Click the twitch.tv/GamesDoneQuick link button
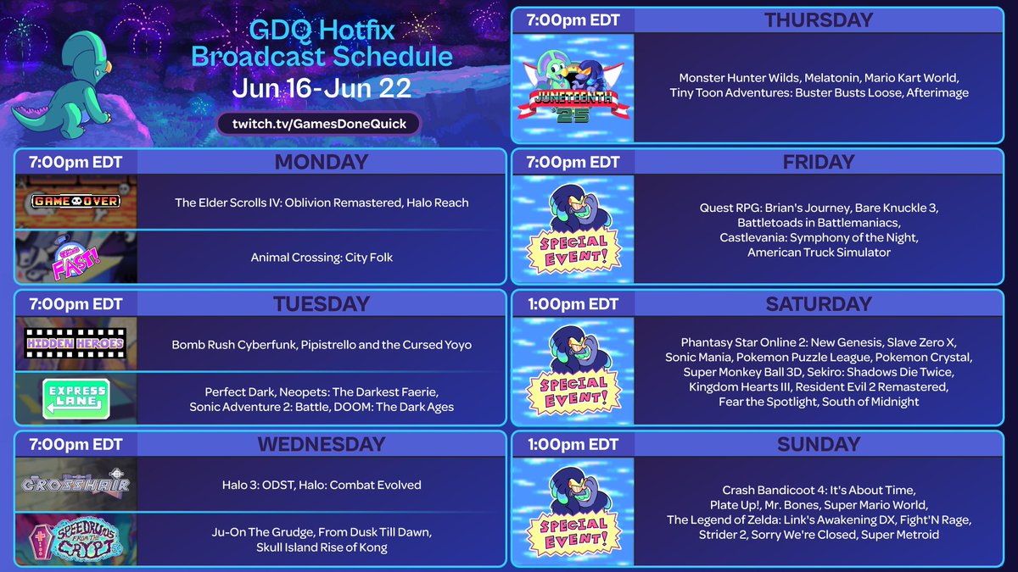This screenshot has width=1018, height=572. [319, 123]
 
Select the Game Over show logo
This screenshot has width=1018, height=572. [76, 202]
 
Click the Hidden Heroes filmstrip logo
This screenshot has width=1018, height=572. [76, 343]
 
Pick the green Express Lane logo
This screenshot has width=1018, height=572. [76, 397]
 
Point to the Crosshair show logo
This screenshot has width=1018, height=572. [76, 485]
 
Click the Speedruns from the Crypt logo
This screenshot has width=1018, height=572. [76, 539]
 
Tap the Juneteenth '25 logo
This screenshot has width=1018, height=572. [573, 87]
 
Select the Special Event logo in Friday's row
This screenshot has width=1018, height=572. [573, 229]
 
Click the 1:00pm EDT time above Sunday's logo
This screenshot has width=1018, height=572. [573, 444]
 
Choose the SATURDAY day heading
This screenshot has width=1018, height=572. [818, 303]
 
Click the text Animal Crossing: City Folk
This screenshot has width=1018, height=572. [322, 257]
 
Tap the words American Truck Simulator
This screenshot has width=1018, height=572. [818, 253]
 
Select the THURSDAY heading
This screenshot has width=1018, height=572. [818, 20]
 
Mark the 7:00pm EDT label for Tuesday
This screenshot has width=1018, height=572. [76, 303]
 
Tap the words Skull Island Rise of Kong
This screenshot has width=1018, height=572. [322, 547]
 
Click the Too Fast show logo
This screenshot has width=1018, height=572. [76, 257]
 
